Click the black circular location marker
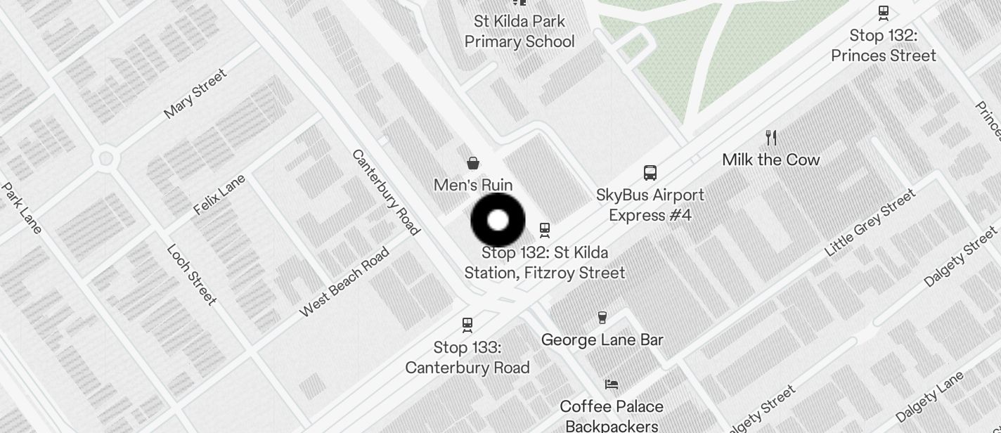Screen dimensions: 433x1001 [x=498, y=220]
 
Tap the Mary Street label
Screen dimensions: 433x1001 [x=195, y=93]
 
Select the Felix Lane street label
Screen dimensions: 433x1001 [x=219, y=194]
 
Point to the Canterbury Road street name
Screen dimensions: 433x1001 [x=385, y=192]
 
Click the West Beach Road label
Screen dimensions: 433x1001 [x=344, y=282]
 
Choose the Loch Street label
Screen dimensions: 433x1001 [x=192, y=274]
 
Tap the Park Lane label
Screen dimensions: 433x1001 [x=22, y=208]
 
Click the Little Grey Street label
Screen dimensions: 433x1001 [x=870, y=222]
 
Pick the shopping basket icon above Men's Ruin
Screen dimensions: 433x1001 [x=474, y=164]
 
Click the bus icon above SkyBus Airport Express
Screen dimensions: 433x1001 [x=650, y=173]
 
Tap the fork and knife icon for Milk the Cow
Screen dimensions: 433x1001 [x=771, y=138]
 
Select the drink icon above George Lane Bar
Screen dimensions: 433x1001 [x=602, y=318]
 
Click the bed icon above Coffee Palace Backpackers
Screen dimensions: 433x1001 [x=612, y=384]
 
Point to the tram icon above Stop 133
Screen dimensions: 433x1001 [x=467, y=325]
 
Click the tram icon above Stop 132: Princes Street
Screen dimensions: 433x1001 [x=884, y=12]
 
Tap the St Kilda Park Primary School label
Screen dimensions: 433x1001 [x=519, y=32]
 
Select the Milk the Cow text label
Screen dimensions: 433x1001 [x=771, y=160]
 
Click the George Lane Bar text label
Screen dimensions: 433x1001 [x=602, y=340]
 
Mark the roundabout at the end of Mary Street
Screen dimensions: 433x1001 [x=106, y=158]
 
